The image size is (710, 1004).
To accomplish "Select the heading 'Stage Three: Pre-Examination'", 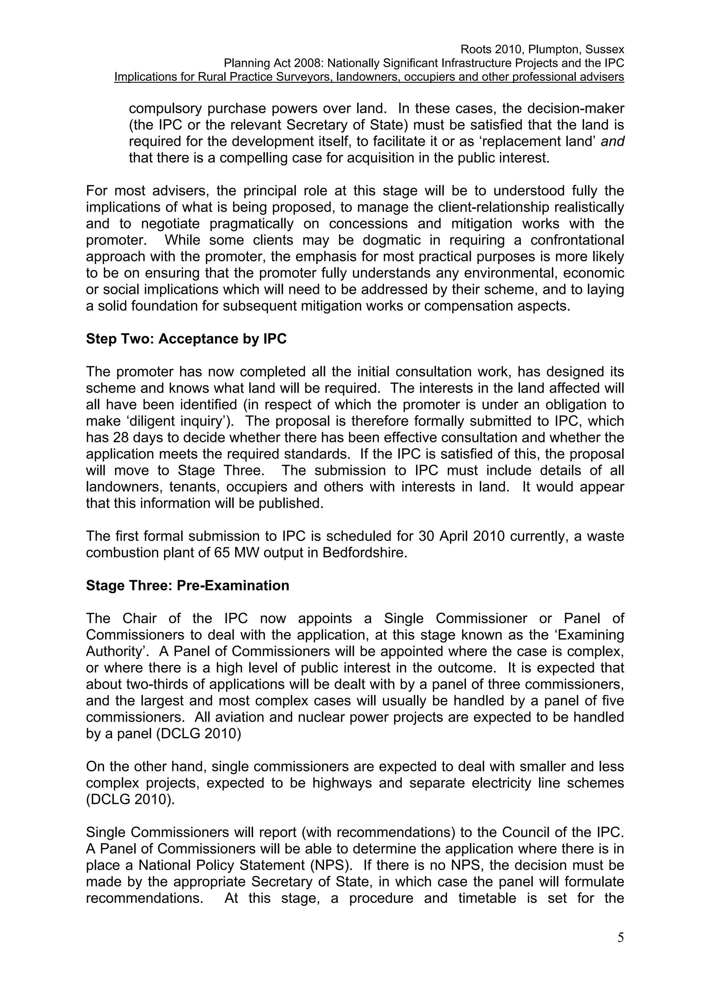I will click(187, 585).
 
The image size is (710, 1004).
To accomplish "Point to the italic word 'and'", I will click(613, 141).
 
